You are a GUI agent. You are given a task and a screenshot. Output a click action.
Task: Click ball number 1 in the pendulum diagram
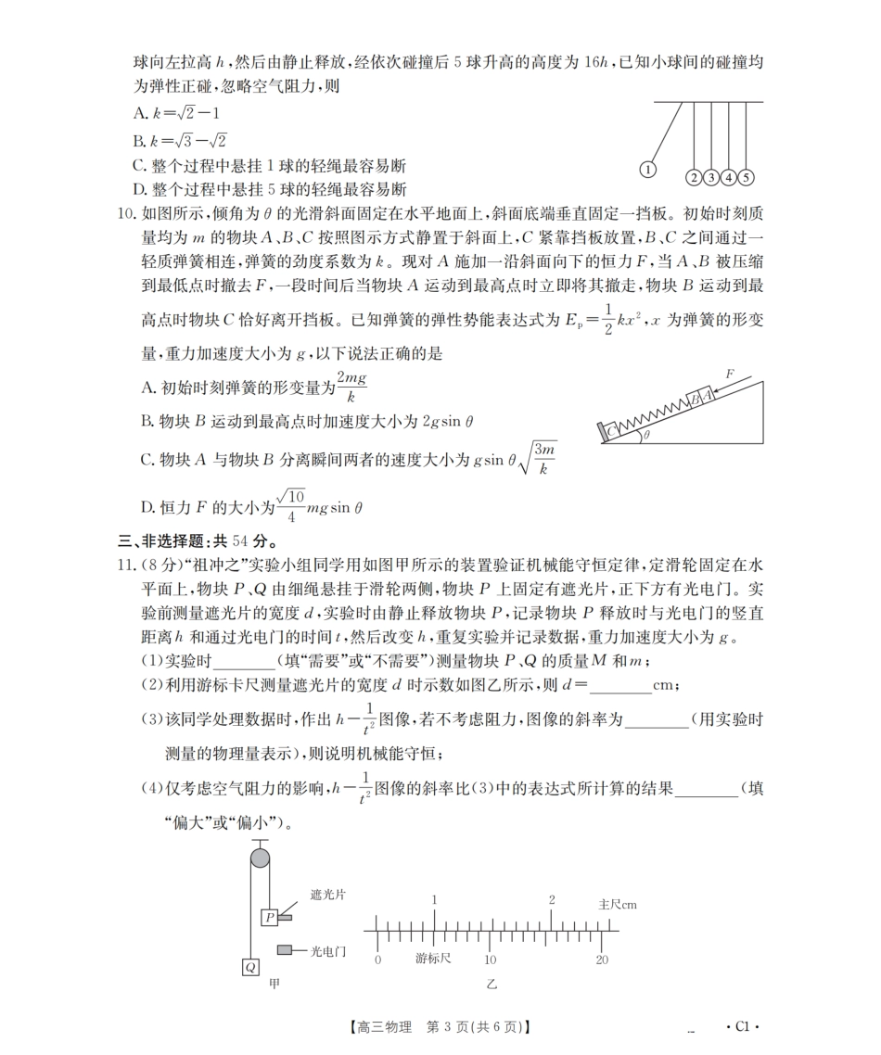(647, 170)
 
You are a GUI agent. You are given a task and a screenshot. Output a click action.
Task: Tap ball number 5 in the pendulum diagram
(746, 177)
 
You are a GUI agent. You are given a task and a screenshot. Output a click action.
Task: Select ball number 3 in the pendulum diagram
(710, 177)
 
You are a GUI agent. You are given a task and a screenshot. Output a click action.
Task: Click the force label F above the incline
(729, 374)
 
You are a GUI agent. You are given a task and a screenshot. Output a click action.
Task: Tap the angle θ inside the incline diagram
(645, 434)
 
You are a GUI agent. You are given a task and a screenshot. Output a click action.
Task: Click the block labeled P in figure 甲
(269, 917)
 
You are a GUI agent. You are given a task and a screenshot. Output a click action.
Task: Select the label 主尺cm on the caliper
(618, 903)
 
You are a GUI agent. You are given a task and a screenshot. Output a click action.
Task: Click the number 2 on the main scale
(552, 899)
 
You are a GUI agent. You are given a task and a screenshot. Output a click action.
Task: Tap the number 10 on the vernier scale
(490, 960)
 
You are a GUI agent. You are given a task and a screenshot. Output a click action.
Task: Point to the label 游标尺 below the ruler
(432, 959)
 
